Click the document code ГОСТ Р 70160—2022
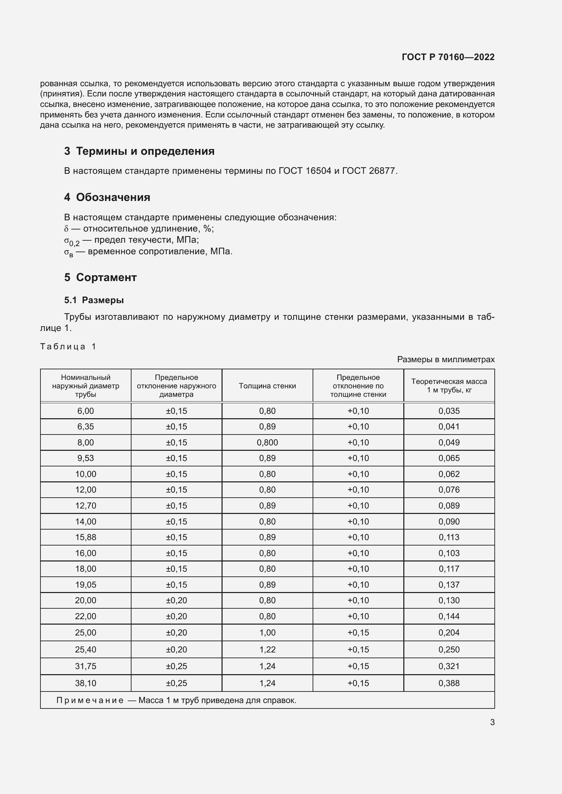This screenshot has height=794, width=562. click(x=448, y=57)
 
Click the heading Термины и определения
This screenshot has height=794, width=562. click(x=145, y=151)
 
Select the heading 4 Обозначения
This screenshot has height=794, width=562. click(x=107, y=197)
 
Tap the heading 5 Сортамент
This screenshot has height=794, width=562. click(x=100, y=277)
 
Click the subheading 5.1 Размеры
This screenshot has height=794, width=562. click(x=94, y=300)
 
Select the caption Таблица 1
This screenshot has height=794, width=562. click(x=68, y=347)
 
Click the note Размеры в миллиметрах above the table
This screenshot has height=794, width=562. click(x=446, y=359)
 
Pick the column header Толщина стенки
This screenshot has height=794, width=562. click(x=267, y=386)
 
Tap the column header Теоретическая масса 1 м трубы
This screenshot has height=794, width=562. click(x=449, y=386)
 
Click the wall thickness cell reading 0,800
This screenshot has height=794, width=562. click(x=267, y=442)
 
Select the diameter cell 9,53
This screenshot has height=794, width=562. click(x=86, y=458)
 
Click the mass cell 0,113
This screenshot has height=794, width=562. click(x=449, y=537)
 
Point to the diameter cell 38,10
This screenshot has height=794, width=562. click(x=86, y=683)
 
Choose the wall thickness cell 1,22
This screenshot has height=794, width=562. click(x=267, y=649)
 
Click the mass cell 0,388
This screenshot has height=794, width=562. click(x=449, y=683)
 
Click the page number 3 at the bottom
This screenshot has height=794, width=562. click(x=492, y=722)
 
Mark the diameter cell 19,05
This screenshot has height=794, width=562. click(x=86, y=585)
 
